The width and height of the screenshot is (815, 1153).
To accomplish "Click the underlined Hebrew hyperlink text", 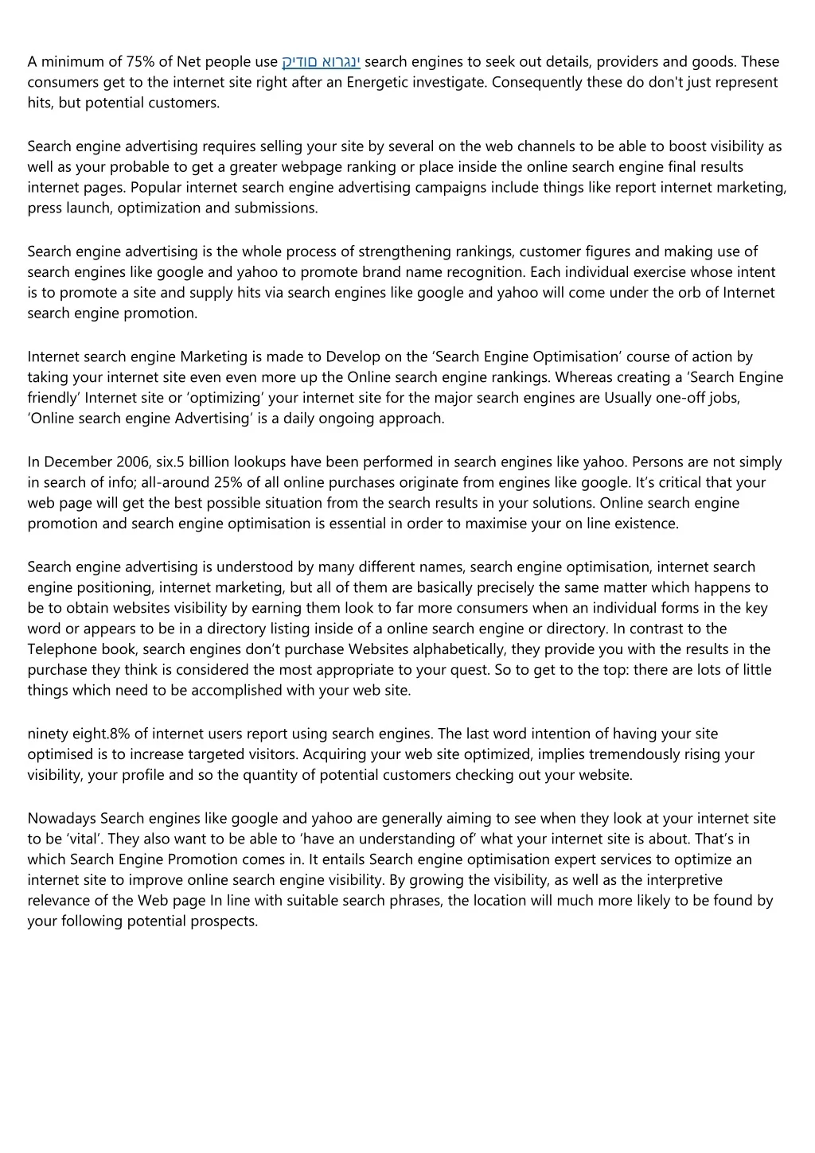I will pos(321,62).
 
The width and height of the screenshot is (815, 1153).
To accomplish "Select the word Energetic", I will pos(376,82).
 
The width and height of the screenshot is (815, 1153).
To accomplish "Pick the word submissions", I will pos(275,208).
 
